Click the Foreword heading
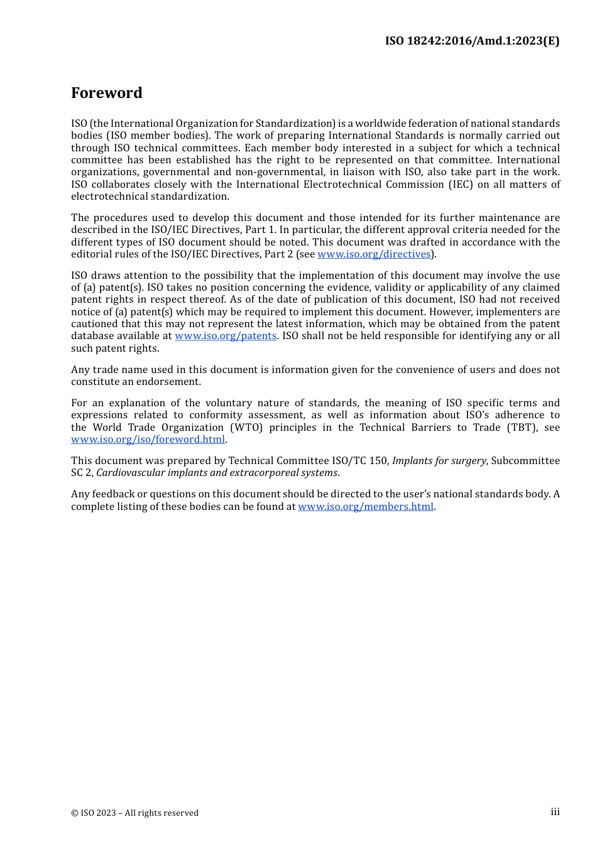click(x=107, y=93)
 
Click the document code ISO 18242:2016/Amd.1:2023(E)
click(x=472, y=41)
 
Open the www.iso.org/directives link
click(x=374, y=254)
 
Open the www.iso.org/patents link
click(x=226, y=336)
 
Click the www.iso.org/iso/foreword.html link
click(x=148, y=440)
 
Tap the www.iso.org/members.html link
click(x=366, y=507)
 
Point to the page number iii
click(x=555, y=812)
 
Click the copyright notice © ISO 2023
click(x=134, y=813)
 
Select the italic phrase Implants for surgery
click(x=439, y=461)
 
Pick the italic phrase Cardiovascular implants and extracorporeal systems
click(x=217, y=473)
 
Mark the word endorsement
click(x=169, y=382)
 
